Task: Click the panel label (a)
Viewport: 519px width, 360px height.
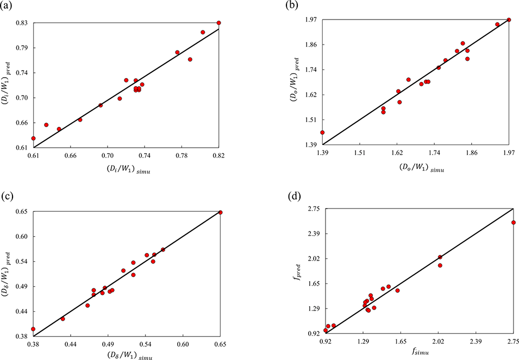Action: click(7, 6)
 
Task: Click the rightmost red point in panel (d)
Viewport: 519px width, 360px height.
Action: click(513, 223)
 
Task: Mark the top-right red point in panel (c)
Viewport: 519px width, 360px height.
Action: click(220, 212)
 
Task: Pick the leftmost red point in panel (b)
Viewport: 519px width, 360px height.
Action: click(322, 132)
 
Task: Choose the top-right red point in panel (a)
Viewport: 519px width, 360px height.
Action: click(218, 23)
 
